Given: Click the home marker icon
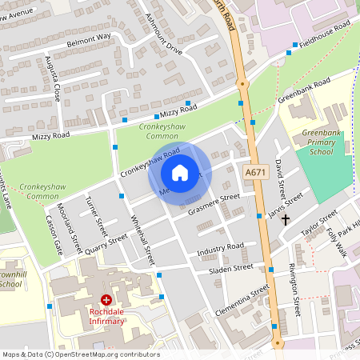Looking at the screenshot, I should [x=180, y=173].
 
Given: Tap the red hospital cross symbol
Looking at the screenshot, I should [x=106, y=300].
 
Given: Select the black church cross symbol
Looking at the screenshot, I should [x=285, y=218].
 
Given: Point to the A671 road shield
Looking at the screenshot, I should [x=255, y=172].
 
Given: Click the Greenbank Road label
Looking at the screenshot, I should [x=304, y=92].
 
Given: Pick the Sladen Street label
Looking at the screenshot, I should [x=232, y=268].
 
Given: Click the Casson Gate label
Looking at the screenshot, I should [x=54, y=234].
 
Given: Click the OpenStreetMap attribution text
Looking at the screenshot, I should [x=81, y=354].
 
